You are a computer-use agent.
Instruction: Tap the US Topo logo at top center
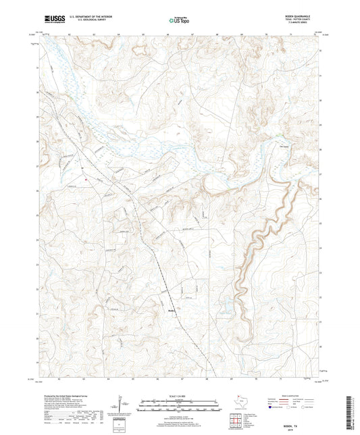tap(179, 20)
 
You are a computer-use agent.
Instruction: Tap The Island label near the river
tap(276, 143)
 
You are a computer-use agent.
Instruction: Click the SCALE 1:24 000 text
tap(180, 396)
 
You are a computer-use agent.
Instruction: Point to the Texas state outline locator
tap(240, 403)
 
